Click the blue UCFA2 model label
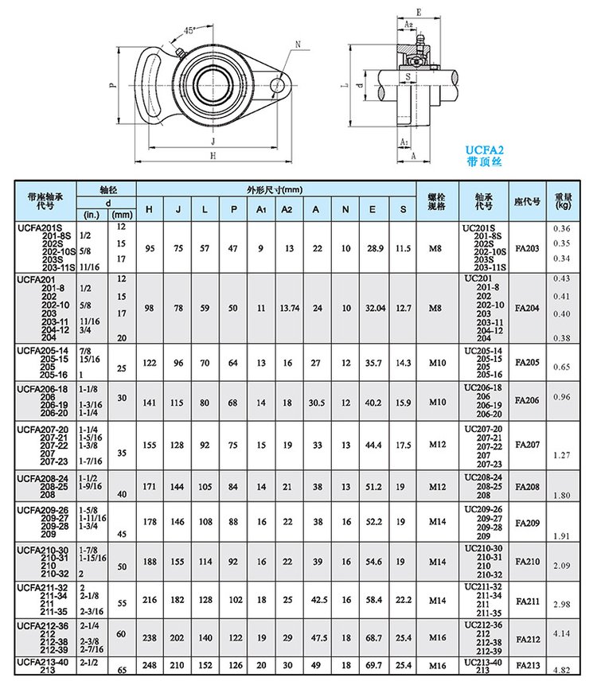[x=485, y=149]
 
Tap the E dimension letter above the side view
[x=419, y=11]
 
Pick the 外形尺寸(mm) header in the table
[x=275, y=189]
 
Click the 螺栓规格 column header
[x=435, y=200]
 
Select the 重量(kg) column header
[x=563, y=200]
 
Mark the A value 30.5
[x=316, y=402]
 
